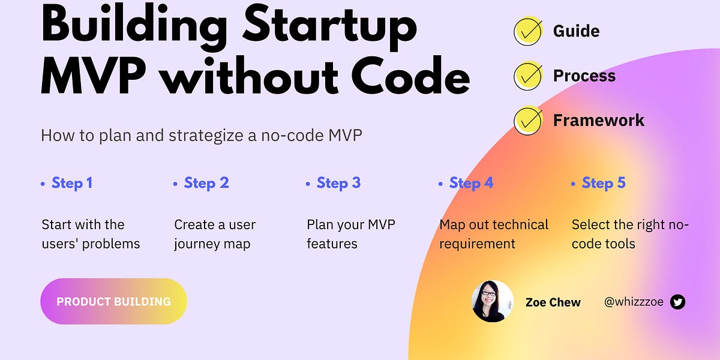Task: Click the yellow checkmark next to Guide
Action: click(x=528, y=31)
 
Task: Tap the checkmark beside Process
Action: click(x=528, y=76)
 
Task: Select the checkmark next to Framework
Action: click(x=528, y=121)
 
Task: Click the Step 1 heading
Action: click(x=71, y=183)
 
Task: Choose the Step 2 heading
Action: click(x=206, y=183)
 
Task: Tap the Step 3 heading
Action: click(x=338, y=183)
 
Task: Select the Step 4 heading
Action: click(x=471, y=183)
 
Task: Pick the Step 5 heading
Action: click(x=603, y=183)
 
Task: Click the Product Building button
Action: click(x=113, y=301)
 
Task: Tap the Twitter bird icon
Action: click(x=677, y=302)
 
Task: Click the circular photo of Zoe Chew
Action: click(x=493, y=301)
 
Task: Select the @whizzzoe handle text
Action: click(x=634, y=302)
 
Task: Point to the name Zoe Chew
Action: click(x=553, y=302)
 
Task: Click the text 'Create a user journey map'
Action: click(x=214, y=234)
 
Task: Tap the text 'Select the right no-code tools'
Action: click(x=630, y=234)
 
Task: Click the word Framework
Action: click(x=598, y=121)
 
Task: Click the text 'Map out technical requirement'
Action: click(x=493, y=234)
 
